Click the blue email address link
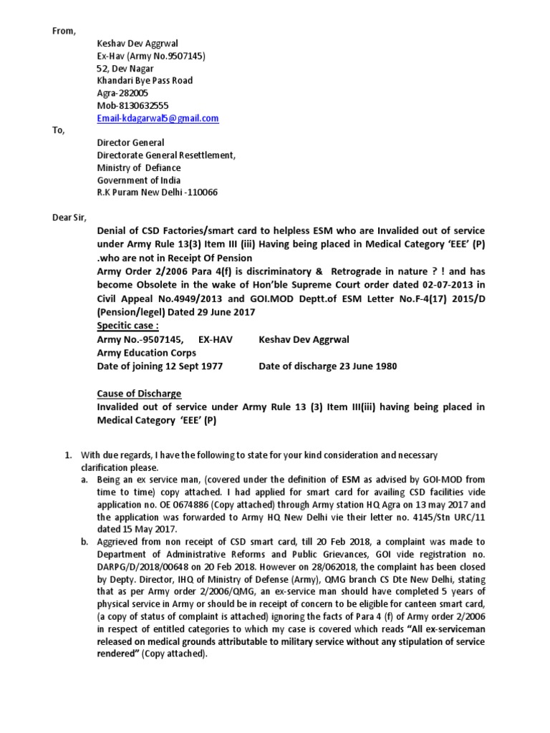pyautogui.click(x=158, y=118)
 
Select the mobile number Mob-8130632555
pyautogui.click(x=133, y=105)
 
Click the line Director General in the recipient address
pyautogui.click(x=130, y=142)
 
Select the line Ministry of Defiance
pyautogui.click(x=139, y=168)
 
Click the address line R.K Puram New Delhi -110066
pyautogui.click(x=158, y=193)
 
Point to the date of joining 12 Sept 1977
pyautogui.click(x=189, y=366)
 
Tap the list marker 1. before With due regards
pyautogui.click(x=69, y=455)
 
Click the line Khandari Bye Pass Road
pyautogui.click(x=145, y=81)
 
